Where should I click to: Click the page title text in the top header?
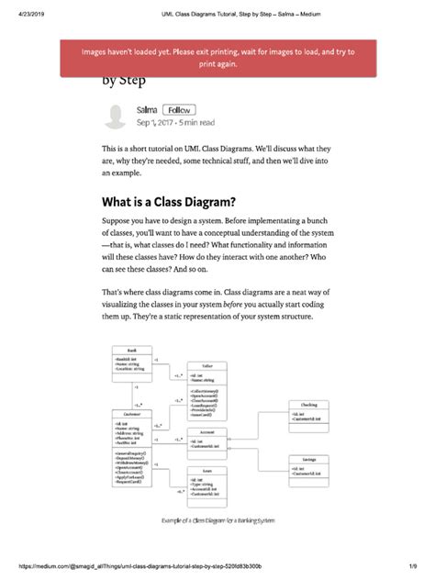(x=217, y=7)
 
